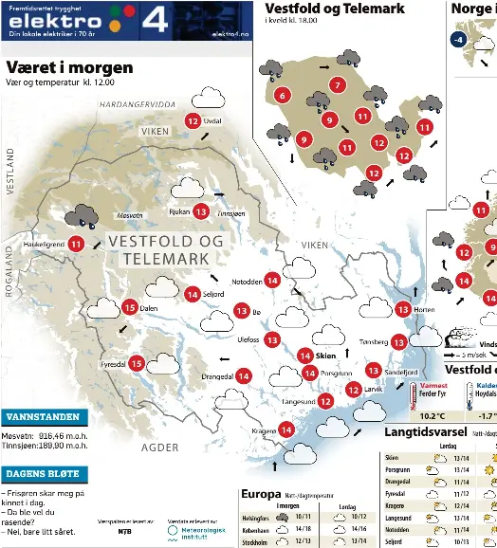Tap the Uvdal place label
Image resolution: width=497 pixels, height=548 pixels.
213,121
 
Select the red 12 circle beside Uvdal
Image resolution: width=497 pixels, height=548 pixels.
193,120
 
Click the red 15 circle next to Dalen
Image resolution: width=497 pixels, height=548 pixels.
129,307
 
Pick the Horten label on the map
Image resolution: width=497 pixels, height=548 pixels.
425,309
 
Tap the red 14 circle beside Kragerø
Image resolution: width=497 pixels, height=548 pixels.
287,430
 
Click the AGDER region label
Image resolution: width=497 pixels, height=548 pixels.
159,447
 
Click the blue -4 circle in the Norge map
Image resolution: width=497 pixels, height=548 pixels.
459,40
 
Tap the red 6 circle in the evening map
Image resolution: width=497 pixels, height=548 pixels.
282,95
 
